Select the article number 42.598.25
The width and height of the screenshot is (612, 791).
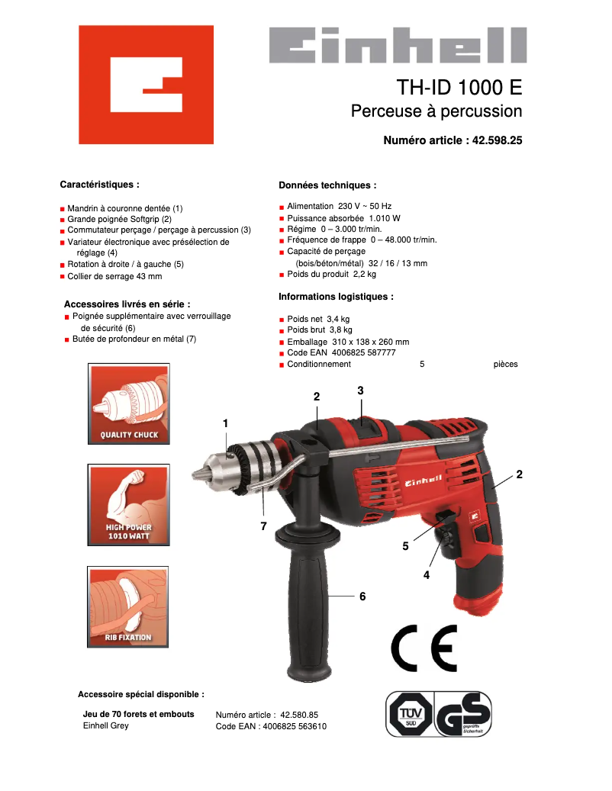tap(497, 140)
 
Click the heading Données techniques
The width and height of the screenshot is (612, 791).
tap(327, 185)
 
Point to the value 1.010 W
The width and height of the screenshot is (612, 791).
tap(385, 217)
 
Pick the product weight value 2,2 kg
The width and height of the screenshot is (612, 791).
tap(365, 275)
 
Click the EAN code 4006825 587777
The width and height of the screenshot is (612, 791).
tap(364, 353)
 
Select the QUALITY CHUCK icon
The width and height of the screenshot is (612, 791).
tap(129, 404)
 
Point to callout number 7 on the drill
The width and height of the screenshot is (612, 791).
tap(263, 526)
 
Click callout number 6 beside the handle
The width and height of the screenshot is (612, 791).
tap(362, 596)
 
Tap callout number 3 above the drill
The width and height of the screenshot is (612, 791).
tap(360, 391)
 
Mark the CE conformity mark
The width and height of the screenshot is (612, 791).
tap(424, 648)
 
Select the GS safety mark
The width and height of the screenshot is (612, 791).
tap(463, 714)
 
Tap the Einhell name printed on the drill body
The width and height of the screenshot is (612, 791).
tap(424, 480)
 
